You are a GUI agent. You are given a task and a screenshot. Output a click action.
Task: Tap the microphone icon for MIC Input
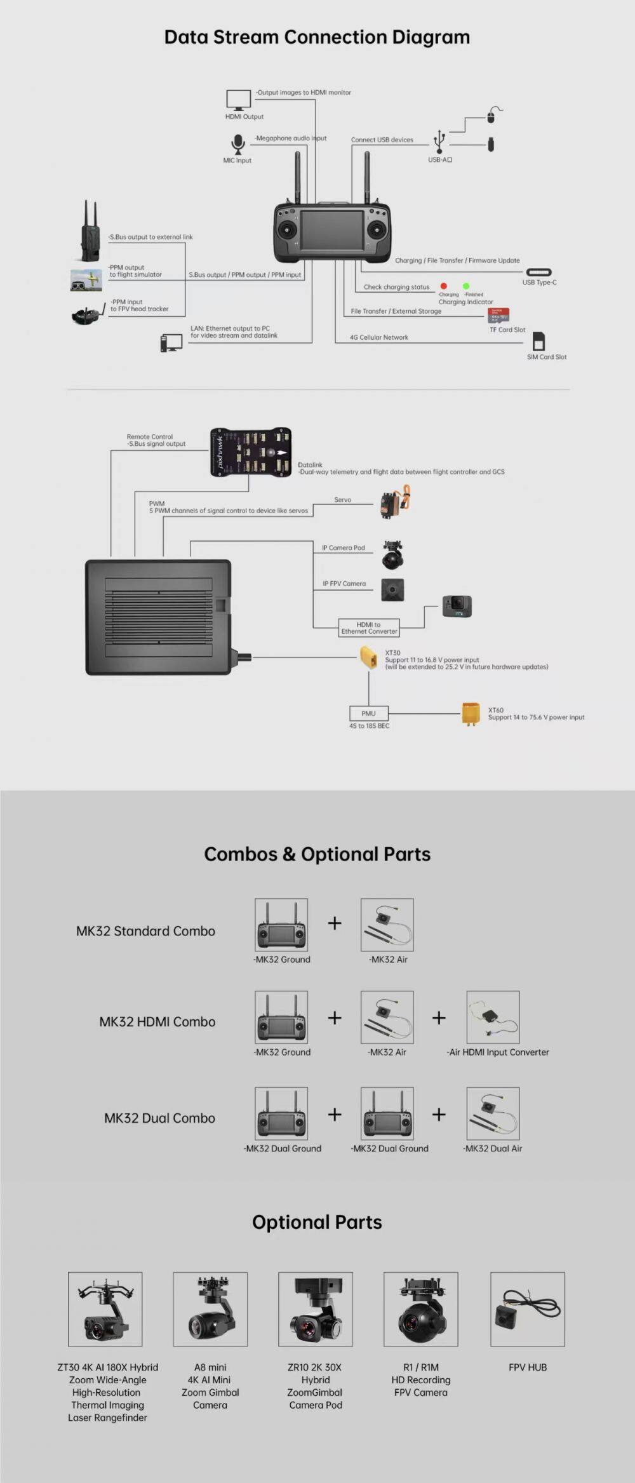coord(237,144)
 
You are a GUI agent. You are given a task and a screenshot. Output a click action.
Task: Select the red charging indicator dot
coord(443,286)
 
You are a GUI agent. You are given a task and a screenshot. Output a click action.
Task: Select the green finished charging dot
coord(466,286)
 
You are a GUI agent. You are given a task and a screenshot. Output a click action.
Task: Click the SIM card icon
coord(538,341)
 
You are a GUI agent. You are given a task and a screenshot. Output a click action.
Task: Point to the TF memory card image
coord(498,316)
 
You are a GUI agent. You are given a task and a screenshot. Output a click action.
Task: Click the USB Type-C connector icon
coord(538,272)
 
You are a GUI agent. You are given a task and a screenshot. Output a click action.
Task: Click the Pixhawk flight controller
coord(251,452)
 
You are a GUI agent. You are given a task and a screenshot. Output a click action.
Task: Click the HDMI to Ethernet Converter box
coord(369,627)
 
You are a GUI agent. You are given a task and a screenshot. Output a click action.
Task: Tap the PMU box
coord(368,713)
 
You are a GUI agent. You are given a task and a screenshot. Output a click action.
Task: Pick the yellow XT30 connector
coord(369,657)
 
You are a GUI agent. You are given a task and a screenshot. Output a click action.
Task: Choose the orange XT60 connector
coord(471,714)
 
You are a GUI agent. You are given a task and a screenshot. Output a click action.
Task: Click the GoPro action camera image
coord(457,607)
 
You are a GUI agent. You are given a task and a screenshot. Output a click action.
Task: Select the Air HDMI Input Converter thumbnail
coord(493,1017)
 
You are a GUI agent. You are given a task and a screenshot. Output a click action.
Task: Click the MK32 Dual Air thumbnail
coord(493,1113)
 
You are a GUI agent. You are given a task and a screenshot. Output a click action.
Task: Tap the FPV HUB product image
coord(527,1309)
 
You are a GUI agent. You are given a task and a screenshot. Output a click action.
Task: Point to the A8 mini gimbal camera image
coord(210,1309)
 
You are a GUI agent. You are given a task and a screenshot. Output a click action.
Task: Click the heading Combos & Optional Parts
coord(317,854)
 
